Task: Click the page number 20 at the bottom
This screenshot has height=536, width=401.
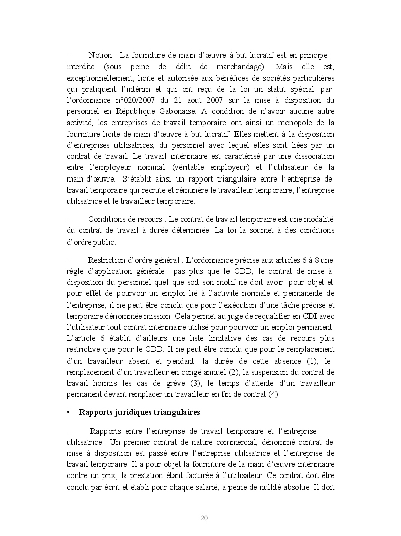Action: (204, 518)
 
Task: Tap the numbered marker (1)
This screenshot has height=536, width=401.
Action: (311, 361)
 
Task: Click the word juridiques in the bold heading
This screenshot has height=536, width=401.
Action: (136, 412)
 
